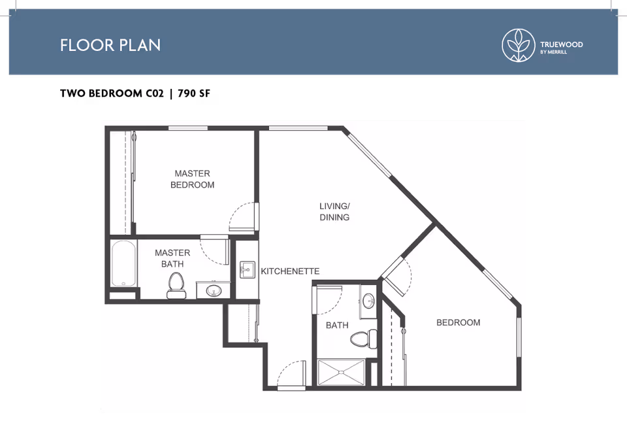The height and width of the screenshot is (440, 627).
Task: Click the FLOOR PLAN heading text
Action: coord(110,45)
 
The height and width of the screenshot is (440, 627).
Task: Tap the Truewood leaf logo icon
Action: coord(518,45)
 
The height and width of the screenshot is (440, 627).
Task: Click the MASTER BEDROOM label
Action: coord(193,179)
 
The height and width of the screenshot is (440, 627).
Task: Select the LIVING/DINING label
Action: coord(334,211)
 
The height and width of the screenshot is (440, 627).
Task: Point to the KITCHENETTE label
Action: coord(290,271)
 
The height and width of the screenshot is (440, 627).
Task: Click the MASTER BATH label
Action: coord(172,258)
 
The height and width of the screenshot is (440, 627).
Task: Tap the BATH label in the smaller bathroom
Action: coord(337,325)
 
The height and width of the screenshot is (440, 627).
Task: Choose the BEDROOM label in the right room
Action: coord(458,322)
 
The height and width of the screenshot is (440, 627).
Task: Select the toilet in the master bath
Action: coord(175,285)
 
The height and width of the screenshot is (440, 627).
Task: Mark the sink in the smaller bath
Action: coord(368,301)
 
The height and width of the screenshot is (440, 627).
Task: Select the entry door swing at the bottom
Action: coord(291,375)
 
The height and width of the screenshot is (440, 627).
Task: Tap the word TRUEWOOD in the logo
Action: coord(561,44)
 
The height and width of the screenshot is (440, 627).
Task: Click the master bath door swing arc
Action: coord(212,251)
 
